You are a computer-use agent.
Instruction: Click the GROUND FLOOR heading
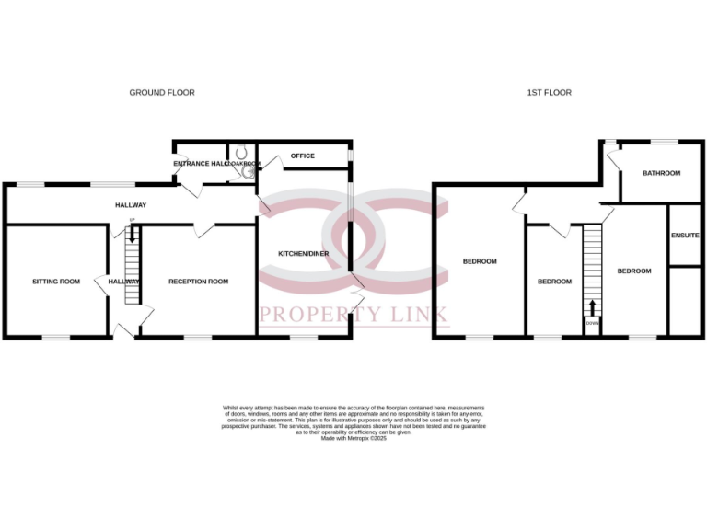click(162, 93)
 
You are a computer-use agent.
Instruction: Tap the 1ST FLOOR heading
click(549, 93)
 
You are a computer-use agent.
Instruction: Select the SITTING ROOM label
click(57, 282)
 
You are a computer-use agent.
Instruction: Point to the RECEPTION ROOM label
click(198, 282)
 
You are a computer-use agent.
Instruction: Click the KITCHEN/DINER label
click(304, 252)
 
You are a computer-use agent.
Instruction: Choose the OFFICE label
click(302, 156)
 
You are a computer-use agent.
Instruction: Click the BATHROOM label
click(661, 173)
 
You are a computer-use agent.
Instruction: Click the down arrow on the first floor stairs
click(592, 307)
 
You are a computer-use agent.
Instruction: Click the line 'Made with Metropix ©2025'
click(353, 439)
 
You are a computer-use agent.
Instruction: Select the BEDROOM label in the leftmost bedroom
click(480, 261)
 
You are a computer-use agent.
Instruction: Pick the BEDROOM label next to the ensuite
click(634, 271)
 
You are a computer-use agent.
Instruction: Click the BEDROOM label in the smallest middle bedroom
click(554, 282)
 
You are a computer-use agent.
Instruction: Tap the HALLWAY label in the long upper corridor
click(131, 205)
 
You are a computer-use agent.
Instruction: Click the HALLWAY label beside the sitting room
click(123, 282)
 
